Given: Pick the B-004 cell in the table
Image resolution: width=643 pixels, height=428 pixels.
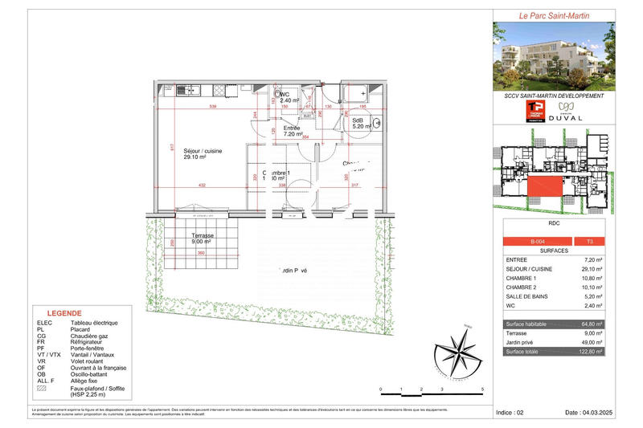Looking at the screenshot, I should [x=536, y=241].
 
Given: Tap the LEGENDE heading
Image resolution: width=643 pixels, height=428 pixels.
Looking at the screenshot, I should [x=63, y=313].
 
